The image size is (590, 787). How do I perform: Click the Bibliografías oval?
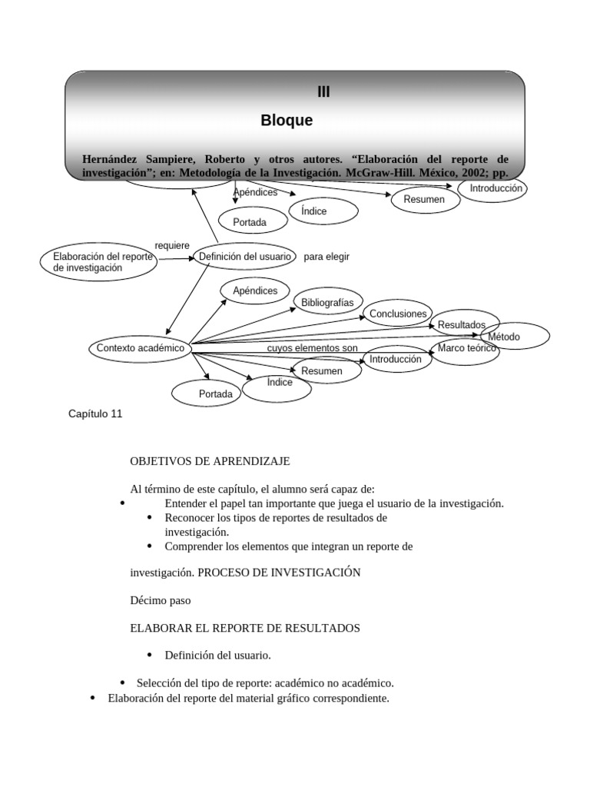pyautogui.click(x=327, y=303)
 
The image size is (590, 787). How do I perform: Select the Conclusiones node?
pyautogui.click(x=397, y=314)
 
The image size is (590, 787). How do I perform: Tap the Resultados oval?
pyautogui.click(x=463, y=324)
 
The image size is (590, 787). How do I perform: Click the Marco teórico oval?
pyautogui.click(x=467, y=350)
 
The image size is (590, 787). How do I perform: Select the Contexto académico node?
pyautogui.click(x=140, y=348)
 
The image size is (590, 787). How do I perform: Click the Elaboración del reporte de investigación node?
pyautogui.click(x=98, y=262)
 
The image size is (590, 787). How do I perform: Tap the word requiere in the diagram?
pyautogui.click(x=172, y=245)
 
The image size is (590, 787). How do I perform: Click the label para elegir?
pyautogui.click(x=326, y=257)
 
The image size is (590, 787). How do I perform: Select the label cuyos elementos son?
pyautogui.click(x=312, y=348)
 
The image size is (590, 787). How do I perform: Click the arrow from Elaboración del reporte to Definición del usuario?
pyautogui.click(x=176, y=258)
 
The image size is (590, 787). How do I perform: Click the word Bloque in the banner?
pyautogui.click(x=287, y=121)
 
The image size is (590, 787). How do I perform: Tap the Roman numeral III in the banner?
pyautogui.click(x=323, y=92)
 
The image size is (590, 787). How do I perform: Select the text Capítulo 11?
pyautogui.click(x=95, y=413)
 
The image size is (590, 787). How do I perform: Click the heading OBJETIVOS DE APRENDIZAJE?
pyautogui.click(x=210, y=461)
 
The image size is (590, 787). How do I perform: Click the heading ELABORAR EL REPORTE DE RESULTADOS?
pyautogui.click(x=245, y=628)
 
